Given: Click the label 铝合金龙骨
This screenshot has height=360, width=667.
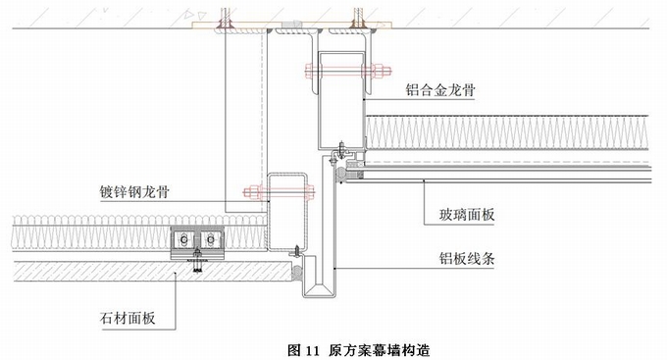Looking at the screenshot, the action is (x=439, y=90).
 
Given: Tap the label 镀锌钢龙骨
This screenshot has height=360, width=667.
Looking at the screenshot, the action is (x=134, y=192).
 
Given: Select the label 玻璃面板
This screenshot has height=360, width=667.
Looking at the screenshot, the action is (x=467, y=215).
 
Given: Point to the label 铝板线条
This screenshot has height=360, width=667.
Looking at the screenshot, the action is (x=467, y=258).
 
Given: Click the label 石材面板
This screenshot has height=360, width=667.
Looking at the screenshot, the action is (x=128, y=318).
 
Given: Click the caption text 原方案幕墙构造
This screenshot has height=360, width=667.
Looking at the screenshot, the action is (x=379, y=350).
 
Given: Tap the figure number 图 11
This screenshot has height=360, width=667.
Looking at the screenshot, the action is (x=303, y=350).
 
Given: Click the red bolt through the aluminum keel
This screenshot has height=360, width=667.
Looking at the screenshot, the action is (x=348, y=71).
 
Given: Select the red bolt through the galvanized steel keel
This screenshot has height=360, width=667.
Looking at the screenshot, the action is (x=279, y=192).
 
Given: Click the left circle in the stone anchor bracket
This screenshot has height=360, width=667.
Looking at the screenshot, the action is (x=184, y=240).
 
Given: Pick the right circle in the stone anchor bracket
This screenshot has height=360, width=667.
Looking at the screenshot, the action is (x=210, y=240).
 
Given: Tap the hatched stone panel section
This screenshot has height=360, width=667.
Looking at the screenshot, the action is (x=151, y=271).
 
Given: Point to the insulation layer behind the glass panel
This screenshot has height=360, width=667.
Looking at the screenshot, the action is (x=507, y=132).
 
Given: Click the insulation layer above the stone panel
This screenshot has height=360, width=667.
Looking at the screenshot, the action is (x=90, y=233).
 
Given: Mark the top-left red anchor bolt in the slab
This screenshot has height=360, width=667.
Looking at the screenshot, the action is (x=225, y=20).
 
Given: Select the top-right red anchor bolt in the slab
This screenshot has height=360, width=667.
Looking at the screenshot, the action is (x=359, y=20).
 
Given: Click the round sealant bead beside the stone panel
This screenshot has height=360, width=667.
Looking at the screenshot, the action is (x=297, y=271).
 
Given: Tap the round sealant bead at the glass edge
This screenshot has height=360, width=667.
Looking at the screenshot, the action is (x=340, y=174).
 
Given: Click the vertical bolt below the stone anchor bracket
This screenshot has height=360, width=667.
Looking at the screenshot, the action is (x=197, y=261).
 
